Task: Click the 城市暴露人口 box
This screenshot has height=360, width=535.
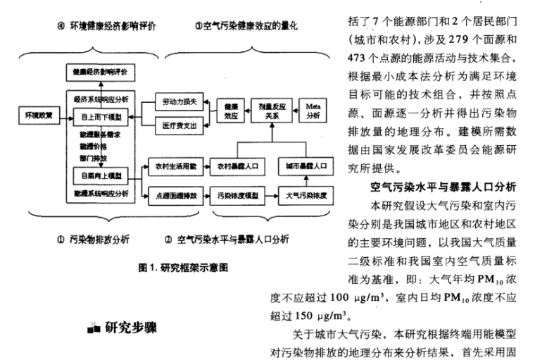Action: (x=303, y=166)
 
